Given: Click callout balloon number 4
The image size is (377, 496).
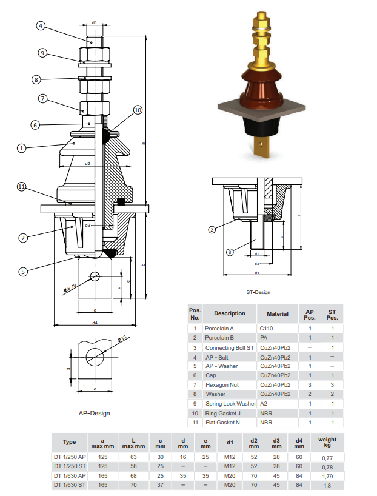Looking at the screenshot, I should click(41, 25).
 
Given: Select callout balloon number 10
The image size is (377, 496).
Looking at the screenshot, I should click(138, 110).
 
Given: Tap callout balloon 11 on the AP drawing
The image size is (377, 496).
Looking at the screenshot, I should click(22, 187).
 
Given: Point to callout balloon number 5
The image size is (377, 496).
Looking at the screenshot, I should click(23, 272).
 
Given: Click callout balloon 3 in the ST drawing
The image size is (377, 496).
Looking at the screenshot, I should click(230, 252).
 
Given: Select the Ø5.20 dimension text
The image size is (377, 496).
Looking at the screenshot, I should click(70, 287).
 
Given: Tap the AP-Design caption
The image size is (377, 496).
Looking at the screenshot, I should click(94, 413).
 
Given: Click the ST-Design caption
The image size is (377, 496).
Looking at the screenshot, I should click(258, 292).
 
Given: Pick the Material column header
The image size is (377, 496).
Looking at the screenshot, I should click(278, 314).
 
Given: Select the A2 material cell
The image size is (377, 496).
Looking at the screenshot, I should click(264, 403).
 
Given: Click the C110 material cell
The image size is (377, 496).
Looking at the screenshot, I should click(268, 329).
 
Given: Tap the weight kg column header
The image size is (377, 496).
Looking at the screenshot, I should click(327, 443).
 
